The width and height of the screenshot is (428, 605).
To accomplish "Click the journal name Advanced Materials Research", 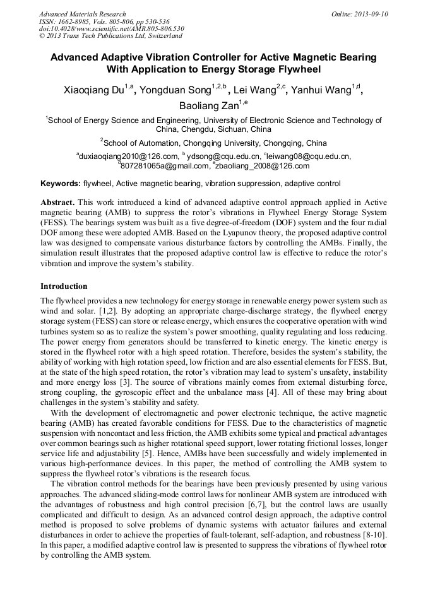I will (82, 14).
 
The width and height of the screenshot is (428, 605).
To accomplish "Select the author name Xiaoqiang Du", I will (94, 90).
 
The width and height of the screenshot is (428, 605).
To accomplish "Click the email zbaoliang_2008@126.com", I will (263, 166).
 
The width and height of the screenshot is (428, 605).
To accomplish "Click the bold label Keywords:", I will (61, 184).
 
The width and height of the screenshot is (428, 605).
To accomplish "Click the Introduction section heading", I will (64, 286).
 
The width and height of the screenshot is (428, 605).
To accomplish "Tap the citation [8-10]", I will (372, 535).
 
